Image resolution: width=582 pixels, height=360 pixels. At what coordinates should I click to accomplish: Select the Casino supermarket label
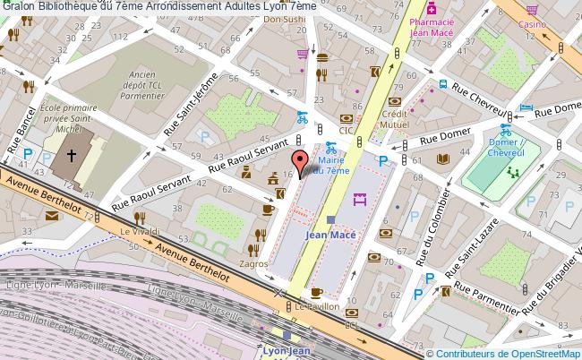pos(536,27)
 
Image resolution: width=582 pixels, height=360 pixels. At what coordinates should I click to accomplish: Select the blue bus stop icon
pos(442,86)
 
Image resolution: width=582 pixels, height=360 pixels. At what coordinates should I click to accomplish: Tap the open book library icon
pos(442,159)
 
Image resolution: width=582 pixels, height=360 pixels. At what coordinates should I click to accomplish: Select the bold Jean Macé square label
pos(328,235)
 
